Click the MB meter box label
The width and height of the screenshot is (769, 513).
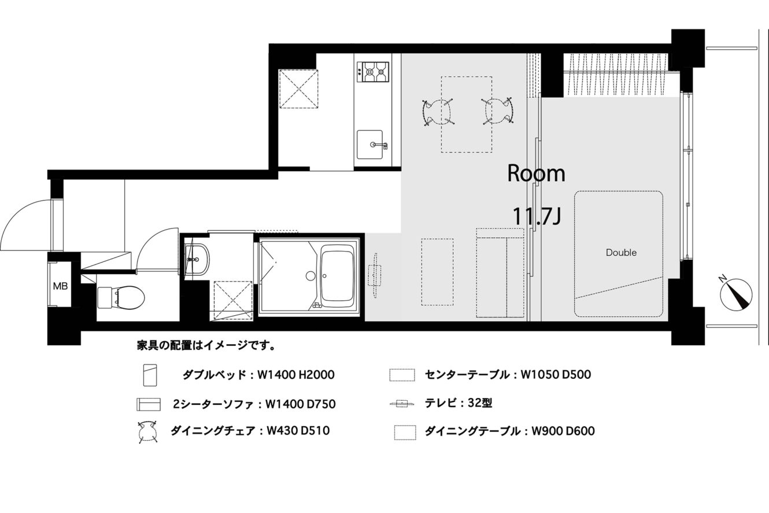click(60, 286)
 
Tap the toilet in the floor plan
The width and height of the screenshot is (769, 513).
click(121, 298)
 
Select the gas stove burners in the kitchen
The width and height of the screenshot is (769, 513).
click(373, 72)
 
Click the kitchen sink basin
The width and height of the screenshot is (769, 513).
click(369, 145)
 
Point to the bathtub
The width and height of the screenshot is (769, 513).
click(338, 277)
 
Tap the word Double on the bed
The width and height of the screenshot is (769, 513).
click(621, 253)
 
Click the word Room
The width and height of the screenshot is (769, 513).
click(536, 174)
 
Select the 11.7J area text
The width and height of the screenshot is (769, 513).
click(537, 216)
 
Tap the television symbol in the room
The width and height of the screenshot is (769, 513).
click(375, 276)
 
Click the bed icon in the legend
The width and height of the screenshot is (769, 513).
click(150, 375)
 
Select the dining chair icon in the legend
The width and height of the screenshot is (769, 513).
click(148, 431)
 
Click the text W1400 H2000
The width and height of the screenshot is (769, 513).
click(296, 375)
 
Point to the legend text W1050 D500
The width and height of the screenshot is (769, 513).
click(556, 374)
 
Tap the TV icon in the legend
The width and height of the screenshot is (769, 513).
click(402, 404)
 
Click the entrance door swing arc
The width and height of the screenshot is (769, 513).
click(21, 216)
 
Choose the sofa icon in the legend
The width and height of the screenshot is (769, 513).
click(149, 404)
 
